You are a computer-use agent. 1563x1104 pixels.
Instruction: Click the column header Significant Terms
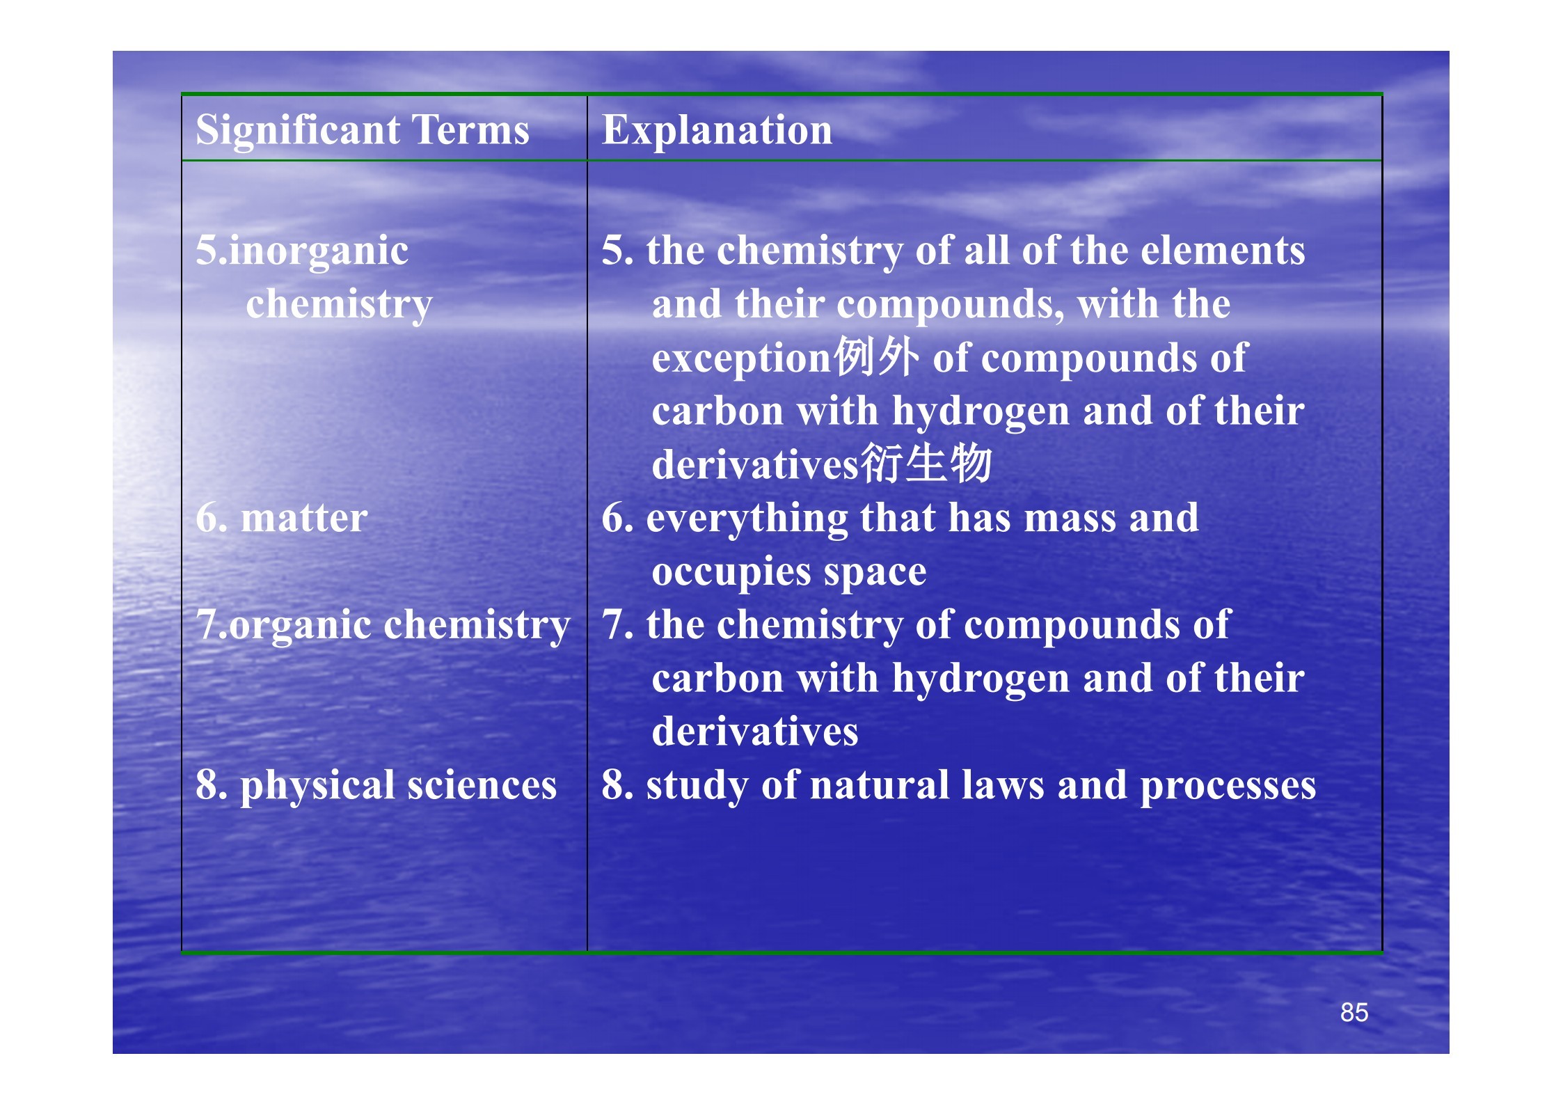[363, 130]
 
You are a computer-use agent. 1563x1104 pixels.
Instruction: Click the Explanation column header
[717, 132]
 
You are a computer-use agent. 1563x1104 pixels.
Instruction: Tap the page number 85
[1354, 1012]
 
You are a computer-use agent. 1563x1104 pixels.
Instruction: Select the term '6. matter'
[281, 518]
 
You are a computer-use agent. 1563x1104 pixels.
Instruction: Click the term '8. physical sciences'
[376, 786]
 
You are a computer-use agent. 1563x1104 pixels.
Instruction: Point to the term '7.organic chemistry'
[383, 625]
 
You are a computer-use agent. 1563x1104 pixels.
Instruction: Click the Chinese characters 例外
[877, 356]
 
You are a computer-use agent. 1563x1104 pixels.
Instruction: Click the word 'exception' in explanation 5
[742, 359]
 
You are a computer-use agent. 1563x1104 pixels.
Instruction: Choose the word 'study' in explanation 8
[697, 787]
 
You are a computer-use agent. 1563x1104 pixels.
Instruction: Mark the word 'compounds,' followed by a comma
[951, 306]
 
